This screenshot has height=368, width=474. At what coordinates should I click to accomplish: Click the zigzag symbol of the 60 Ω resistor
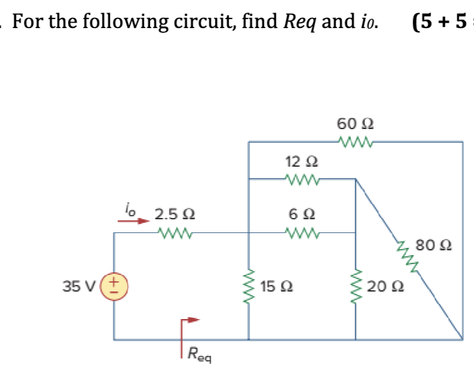coord(355,142)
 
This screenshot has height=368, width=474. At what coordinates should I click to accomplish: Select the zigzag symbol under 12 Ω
coord(302,178)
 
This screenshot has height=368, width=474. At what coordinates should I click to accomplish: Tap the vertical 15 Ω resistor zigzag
coord(248,287)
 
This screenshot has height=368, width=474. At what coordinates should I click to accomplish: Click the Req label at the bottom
coord(198,354)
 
